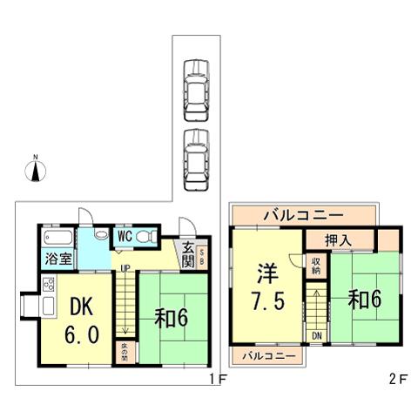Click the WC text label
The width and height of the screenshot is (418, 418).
click(125, 235)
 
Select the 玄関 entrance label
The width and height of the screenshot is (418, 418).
click(188, 254)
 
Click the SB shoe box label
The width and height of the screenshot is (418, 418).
click(202, 254)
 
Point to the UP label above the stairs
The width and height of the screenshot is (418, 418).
click(125, 268)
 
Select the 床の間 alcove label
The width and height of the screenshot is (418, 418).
click(125, 351)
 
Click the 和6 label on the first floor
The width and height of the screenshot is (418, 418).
click(173, 317)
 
